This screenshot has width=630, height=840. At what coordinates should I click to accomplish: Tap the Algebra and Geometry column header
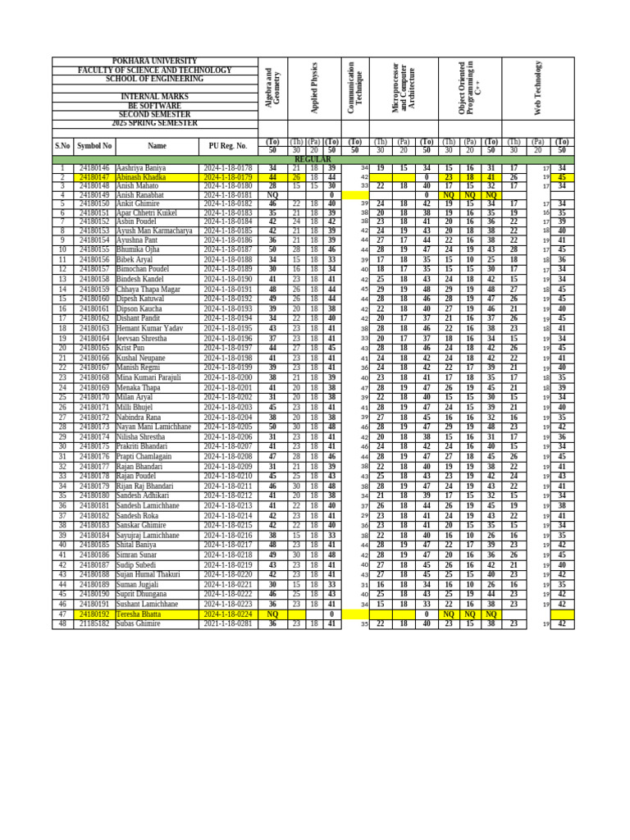click(x=272, y=88)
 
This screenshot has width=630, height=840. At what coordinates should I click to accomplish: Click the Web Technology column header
click(x=538, y=88)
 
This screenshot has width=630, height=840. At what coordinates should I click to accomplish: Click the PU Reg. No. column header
click(x=227, y=146)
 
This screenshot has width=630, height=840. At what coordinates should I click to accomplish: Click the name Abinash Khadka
click(x=140, y=177)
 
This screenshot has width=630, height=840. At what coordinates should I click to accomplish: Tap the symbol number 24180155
click(x=94, y=249)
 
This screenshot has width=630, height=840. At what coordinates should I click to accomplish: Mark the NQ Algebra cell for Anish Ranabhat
click(x=272, y=196)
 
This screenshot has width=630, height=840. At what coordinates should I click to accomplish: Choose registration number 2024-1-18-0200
click(x=227, y=377)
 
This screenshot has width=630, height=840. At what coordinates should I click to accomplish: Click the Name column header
click(x=157, y=146)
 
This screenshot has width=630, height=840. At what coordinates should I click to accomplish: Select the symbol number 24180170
click(x=94, y=397)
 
